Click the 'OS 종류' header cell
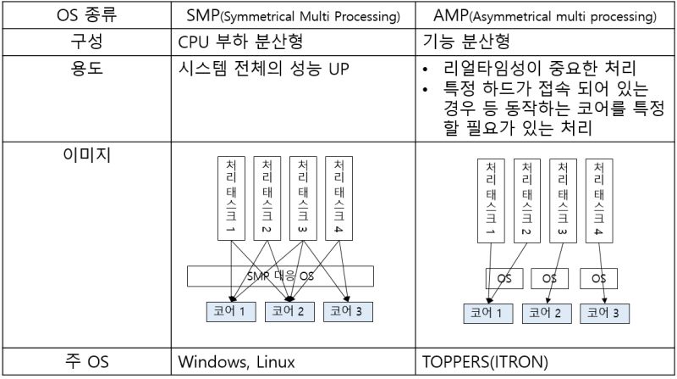(x=86, y=14)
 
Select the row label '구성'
(x=86, y=42)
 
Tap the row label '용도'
(x=86, y=71)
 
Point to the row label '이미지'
(x=86, y=155)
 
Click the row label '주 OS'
(x=86, y=362)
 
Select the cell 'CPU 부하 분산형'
(x=239, y=42)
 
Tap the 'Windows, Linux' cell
(x=236, y=362)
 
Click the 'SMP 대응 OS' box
(x=280, y=276)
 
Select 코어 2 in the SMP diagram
(x=288, y=311)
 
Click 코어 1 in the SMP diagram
(x=230, y=311)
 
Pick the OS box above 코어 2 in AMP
(x=548, y=278)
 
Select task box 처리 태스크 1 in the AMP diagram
(x=487, y=199)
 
